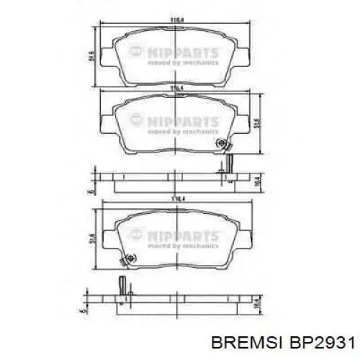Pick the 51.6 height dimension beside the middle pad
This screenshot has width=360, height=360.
point(258,122)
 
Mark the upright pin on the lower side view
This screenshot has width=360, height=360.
point(122,284)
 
